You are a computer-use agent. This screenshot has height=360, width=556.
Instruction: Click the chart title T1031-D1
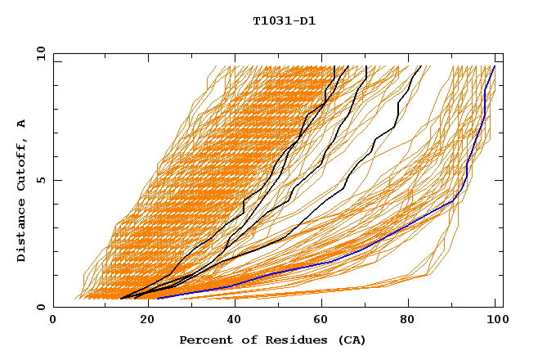click(285, 21)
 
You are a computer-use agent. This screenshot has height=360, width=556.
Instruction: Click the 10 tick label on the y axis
click(40, 52)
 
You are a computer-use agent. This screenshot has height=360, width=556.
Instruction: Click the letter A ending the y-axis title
click(22, 123)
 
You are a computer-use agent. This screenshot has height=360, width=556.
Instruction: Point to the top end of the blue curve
click(495, 66)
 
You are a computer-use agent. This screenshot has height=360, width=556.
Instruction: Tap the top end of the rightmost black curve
click(420, 66)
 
